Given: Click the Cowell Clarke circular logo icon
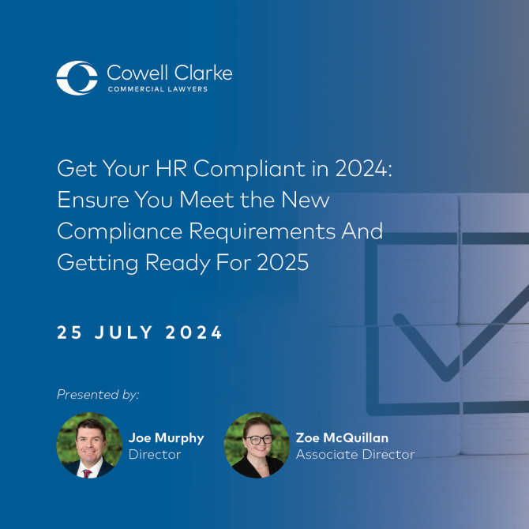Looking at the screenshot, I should click(77, 77).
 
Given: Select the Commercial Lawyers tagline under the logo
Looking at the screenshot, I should click(157, 89).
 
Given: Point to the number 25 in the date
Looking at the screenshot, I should click(69, 332).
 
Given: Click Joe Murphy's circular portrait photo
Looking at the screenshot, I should click(88, 445).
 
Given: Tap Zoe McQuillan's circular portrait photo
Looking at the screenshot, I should click(256, 445).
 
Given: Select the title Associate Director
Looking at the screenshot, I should click(355, 454).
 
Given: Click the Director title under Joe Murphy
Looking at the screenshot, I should click(154, 454).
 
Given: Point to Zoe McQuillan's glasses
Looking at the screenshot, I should click(257, 439).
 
